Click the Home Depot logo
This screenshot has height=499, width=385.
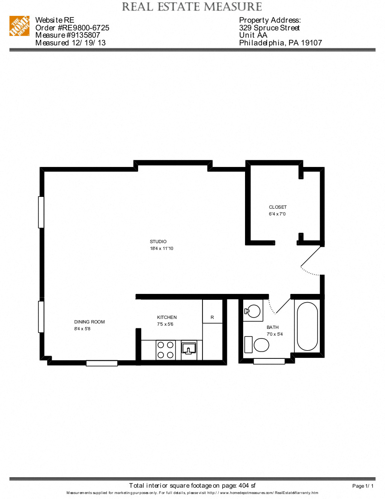pos(19,26)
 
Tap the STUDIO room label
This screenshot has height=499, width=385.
pos(159,241)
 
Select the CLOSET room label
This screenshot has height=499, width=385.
pos(278,207)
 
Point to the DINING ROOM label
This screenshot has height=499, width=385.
pos(89,322)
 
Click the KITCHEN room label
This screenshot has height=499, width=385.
pos(167,318)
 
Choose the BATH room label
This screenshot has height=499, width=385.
pos(273,328)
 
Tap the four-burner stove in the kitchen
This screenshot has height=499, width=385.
pos(166,350)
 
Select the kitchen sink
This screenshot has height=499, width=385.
pos(188,348)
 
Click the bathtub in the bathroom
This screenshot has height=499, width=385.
pos(308,326)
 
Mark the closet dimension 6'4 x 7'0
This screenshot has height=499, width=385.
pos(277,214)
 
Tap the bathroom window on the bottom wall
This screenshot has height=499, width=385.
pos(269,362)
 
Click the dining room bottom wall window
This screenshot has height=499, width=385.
pos(102,363)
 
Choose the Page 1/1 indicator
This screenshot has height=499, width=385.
pos(363,486)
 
